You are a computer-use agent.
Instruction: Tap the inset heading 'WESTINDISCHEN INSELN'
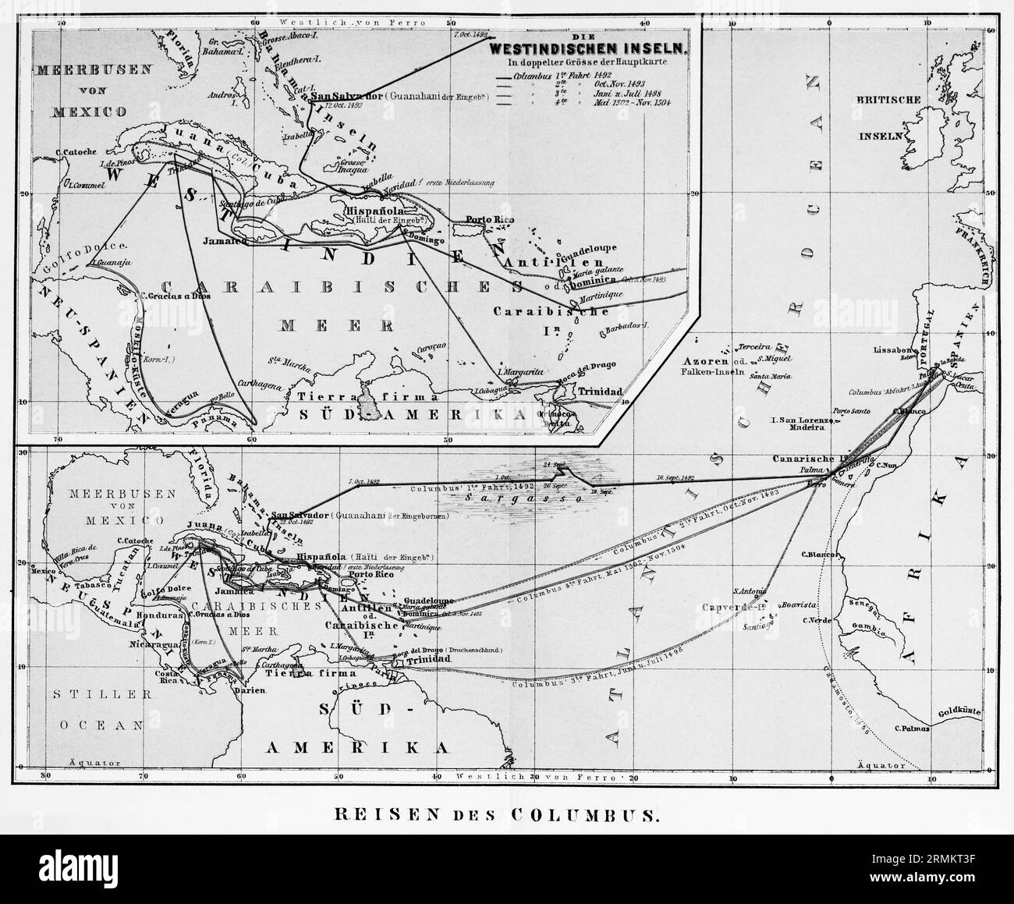click(587, 48)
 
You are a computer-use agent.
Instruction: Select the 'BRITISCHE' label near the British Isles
click(889, 101)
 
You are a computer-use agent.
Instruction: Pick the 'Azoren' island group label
click(706, 363)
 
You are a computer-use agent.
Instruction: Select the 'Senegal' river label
click(866, 605)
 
